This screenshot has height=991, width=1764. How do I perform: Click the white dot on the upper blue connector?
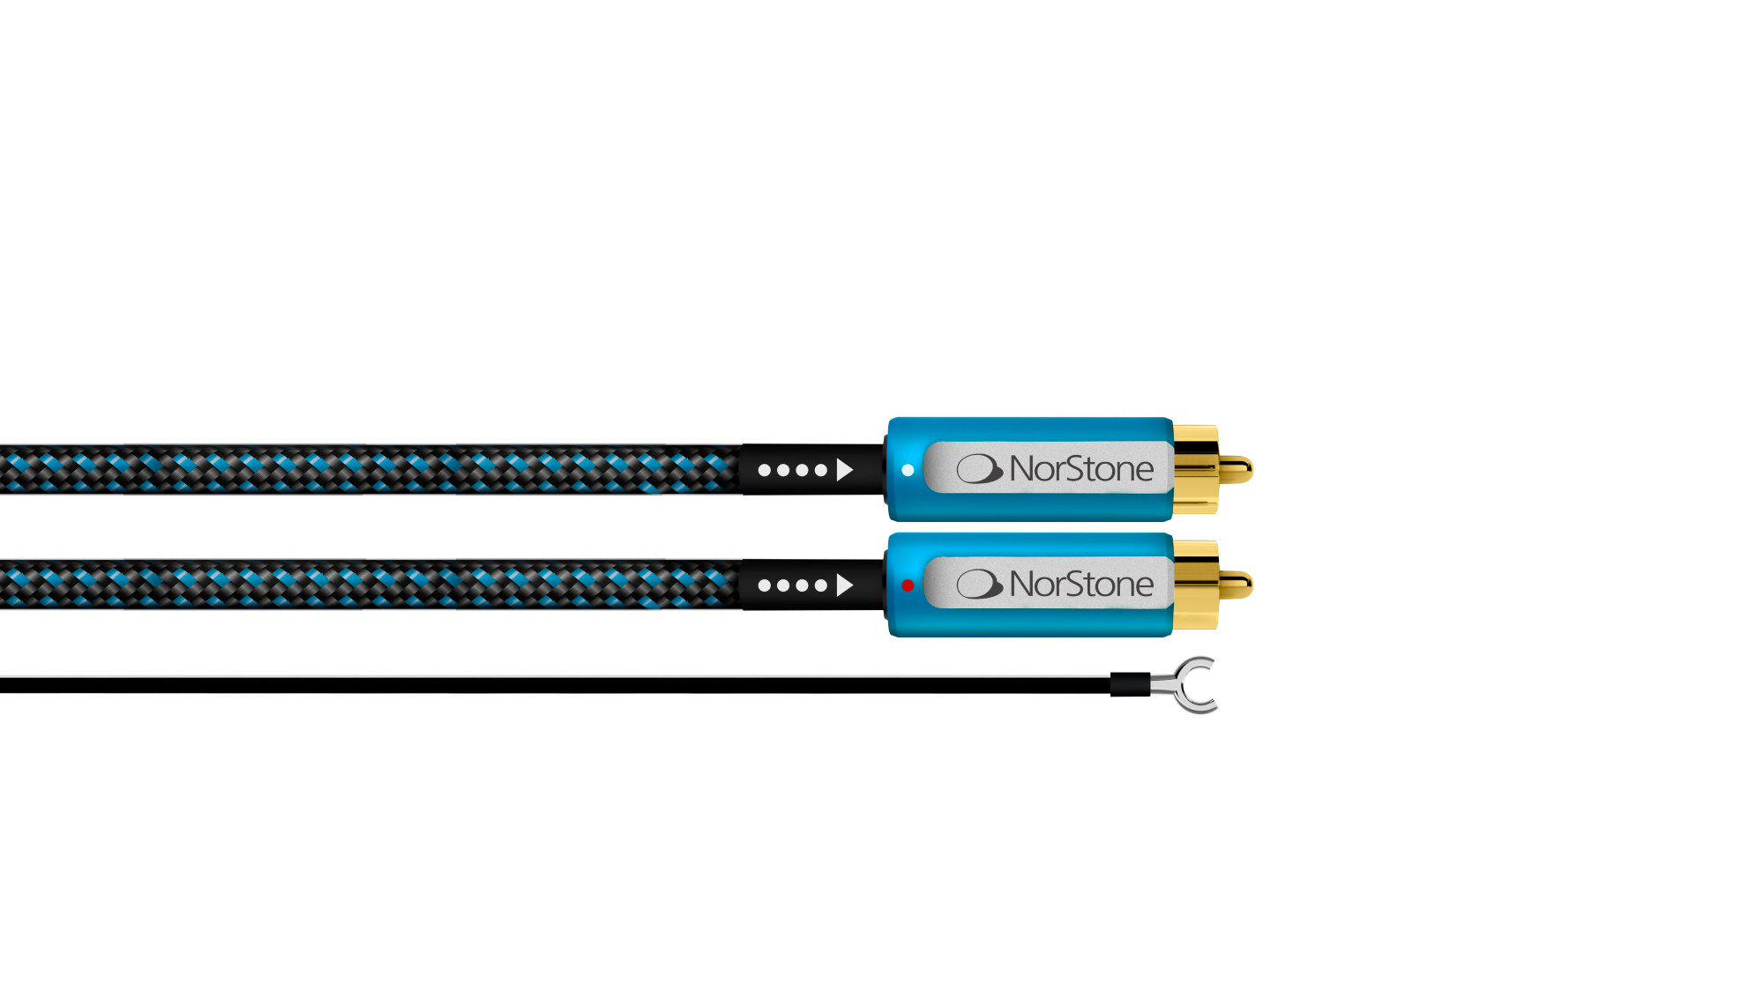[908, 470]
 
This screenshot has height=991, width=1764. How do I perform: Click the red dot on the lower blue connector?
[908, 585]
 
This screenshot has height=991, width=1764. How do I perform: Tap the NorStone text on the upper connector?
[1081, 469]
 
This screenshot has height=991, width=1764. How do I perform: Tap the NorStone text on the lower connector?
[1081, 584]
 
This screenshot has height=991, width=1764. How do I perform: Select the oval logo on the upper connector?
[980, 469]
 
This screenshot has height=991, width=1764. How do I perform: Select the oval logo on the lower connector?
[980, 584]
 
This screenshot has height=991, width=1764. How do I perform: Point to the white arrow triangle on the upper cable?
[844, 470]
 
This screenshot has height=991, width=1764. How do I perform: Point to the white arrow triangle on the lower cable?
[844, 585]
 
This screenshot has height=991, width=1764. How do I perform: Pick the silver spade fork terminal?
[1186, 685]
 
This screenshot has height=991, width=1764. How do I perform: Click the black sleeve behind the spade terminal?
[1130, 685]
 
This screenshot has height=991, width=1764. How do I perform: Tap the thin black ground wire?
[556, 685]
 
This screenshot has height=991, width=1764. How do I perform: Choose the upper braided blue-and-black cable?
[370, 470]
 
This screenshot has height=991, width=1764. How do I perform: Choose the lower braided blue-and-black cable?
[370, 585]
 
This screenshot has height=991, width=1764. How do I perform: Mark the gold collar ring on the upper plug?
[1196, 470]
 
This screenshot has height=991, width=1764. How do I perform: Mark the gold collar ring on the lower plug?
[1196, 585]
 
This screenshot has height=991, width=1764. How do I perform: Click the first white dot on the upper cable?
[765, 470]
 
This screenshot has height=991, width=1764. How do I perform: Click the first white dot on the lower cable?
[765, 585]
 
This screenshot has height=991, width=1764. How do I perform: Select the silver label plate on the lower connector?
[1048, 584]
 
